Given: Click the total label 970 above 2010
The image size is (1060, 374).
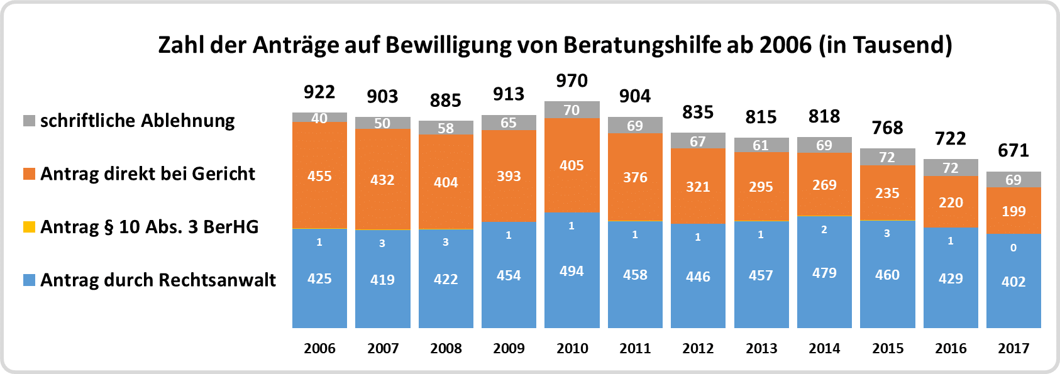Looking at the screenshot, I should pos(571,81).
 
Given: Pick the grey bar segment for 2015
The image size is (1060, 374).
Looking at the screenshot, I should pos(887,157).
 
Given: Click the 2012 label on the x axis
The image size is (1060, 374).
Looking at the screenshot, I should pos(698,348).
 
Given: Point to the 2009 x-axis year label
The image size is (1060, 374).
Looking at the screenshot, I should pos(509,348).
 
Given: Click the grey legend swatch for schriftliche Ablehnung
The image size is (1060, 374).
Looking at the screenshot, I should pos(29,121).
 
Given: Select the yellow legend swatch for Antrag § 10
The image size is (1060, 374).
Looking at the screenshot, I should pos(29,227).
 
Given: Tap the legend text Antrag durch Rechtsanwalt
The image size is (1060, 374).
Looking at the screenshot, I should pos(158,280).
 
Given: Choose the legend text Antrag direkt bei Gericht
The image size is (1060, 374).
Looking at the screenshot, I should pos(148,174).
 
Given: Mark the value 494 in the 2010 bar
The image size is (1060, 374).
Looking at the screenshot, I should pos(571,271).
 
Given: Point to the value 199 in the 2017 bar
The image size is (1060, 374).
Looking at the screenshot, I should pos(1013,211).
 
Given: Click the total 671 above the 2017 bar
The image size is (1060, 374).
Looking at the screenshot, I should pos(1013,151).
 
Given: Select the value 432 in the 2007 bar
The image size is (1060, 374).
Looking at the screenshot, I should pos(382,180).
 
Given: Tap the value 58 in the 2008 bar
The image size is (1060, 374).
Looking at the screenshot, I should pos(446,128).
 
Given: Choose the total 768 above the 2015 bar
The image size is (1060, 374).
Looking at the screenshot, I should pos(887,128).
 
